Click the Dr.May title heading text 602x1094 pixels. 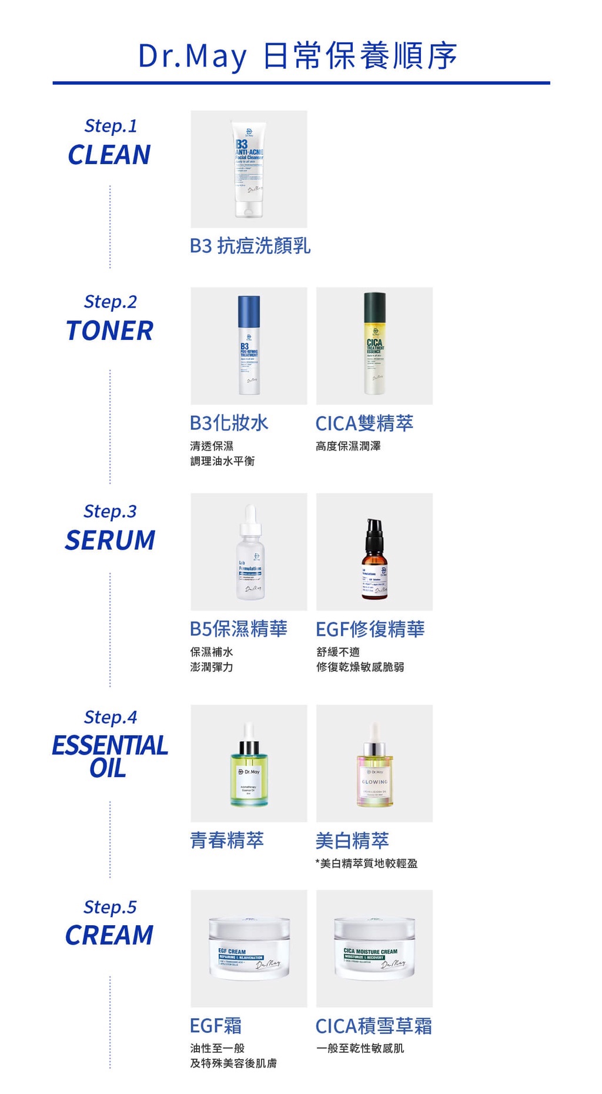(x=297, y=56)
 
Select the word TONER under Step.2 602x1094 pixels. (x=109, y=331)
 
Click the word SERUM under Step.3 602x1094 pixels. (x=110, y=540)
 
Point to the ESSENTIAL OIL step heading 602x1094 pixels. (x=109, y=756)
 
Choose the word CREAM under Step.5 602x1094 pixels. (x=109, y=935)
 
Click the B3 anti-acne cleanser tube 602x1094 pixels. (x=249, y=169)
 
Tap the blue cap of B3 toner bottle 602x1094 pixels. (x=249, y=312)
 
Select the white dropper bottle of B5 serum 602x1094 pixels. (x=250, y=559)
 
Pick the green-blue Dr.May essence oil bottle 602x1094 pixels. (x=249, y=771)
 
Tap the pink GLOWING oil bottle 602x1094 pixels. (x=374, y=773)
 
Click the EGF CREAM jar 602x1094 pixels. (x=249, y=948)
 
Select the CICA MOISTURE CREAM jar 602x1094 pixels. (x=374, y=948)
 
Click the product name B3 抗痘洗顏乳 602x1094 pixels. (x=250, y=245)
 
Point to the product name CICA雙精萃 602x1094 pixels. (x=364, y=423)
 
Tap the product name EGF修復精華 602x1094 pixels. (x=370, y=629)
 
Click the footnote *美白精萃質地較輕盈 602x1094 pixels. (x=366, y=863)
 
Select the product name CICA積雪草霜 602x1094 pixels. (x=373, y=1026)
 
